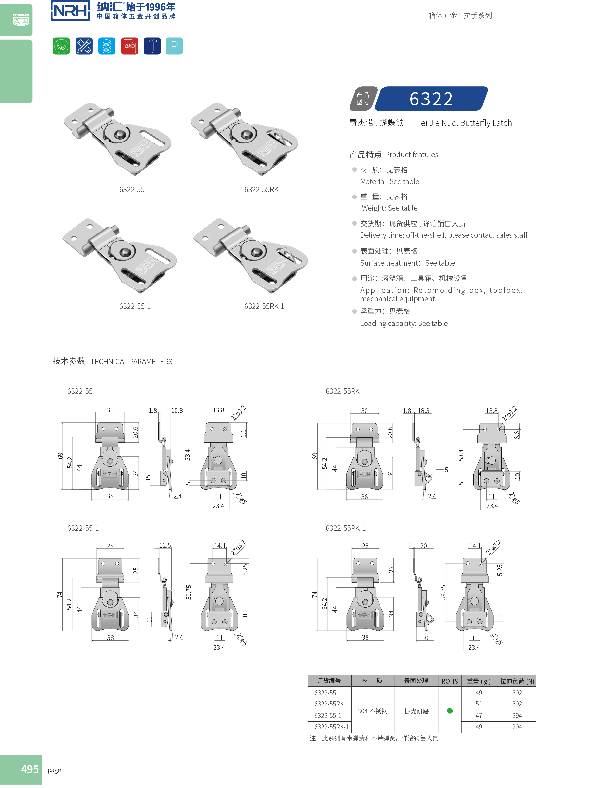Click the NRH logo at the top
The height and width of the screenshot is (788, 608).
click(x=70, y=11)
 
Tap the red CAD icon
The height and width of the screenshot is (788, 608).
click(x=129, y=46)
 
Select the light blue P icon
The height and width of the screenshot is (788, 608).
click(x=174, y=46)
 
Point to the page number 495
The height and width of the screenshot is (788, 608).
click(x=30, y=769)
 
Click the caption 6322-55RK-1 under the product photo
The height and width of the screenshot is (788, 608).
click(x=264, y=306)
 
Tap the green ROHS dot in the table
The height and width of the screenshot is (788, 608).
click(x=450, y=711)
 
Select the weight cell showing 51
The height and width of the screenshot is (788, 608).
click(x=479, y=704)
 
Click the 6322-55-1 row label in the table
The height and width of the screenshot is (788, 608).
click(x=328, y=715)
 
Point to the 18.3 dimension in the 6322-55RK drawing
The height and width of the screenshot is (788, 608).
click(x=423, y=411)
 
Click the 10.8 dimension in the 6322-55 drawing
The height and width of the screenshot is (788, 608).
click(x=177, y=411)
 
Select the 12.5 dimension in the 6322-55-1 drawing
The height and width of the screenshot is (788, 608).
click(x=165, y=545)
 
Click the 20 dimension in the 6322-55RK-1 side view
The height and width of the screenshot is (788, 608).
click(x=423, y=546)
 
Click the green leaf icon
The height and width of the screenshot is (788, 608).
click(x=61, y=46)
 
